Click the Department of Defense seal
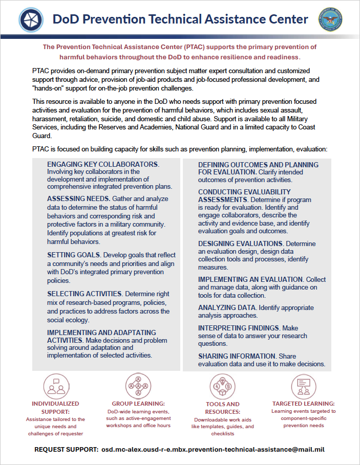click(330, 20)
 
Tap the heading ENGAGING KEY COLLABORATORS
click(103, 164)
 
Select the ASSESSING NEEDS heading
click(78, 198)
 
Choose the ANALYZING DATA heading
click(227, 307)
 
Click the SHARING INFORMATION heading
click(237, 356)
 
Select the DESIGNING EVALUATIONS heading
click(241, 243)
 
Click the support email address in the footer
click(214, 450)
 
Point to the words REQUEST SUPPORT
click(66, 450)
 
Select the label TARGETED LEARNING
click(303, 404)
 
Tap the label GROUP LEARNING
click(140, 404)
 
